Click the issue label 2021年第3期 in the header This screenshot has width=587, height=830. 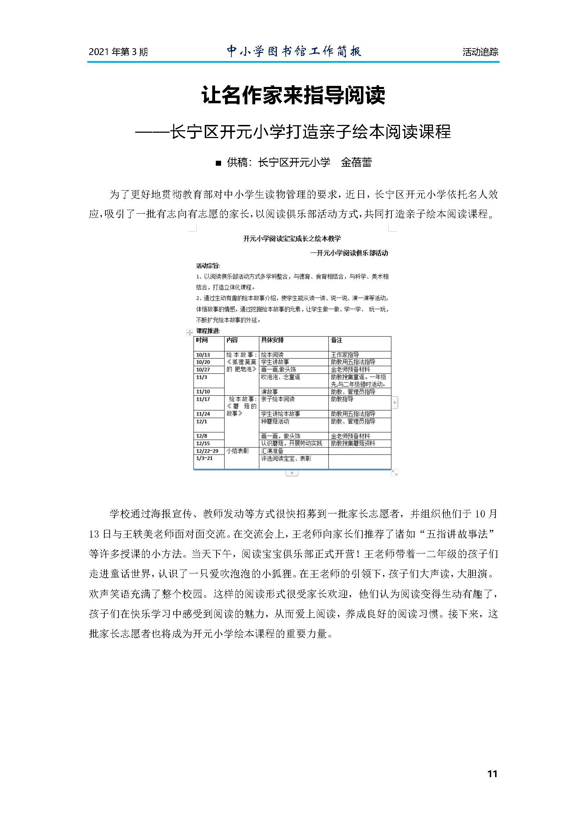pos(118,52)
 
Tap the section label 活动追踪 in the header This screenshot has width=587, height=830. pos(480,52)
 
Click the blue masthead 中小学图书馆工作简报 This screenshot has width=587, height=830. pos(294,51)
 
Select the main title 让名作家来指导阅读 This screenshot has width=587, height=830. pos(293,95)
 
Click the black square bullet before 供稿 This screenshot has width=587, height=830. pos(218,163)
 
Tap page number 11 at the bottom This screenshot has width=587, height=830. pos(492,774)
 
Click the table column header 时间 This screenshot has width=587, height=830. pos(202,340)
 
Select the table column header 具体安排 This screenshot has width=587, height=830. pos(273,340)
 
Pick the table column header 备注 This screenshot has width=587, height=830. pos(336,340)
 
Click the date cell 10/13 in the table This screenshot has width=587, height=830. pos(203,355)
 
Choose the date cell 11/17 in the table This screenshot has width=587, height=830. pos(203,399)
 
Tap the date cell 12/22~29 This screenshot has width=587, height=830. pos(207,451)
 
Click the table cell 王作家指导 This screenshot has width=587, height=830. pos(345,355)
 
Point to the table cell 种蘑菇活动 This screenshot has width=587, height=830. pos(275,422)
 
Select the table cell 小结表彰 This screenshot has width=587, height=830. pos(237,451)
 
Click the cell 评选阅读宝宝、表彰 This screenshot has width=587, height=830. pos(286,458)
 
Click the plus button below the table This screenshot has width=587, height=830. pos(292,473)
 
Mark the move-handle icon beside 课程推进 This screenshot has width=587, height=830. pos(190,332)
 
